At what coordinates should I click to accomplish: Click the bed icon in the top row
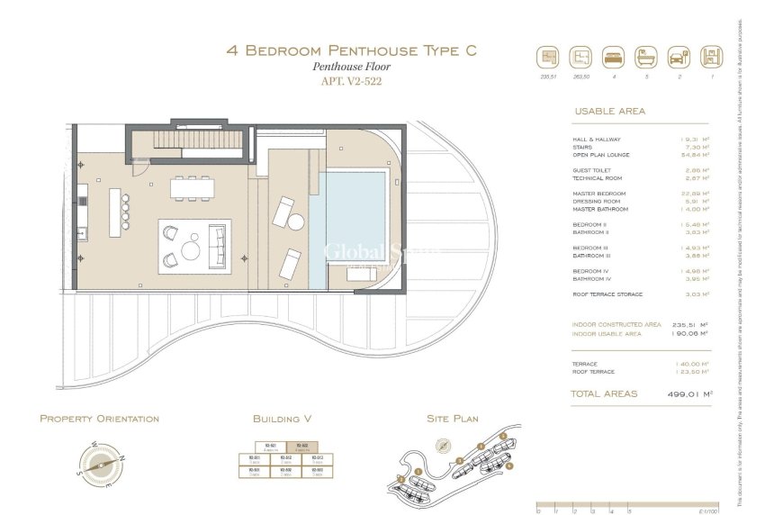point(612,58)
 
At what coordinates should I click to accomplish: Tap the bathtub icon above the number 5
point(645,58)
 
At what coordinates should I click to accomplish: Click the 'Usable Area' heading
point(609,112)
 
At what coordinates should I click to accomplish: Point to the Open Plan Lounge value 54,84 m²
point(694,154)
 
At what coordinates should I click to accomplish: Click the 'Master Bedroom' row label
point(599,194)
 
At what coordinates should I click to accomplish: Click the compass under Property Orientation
point(100,464)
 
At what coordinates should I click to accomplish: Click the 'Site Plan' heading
point(452,419)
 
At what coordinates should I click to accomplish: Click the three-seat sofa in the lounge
point(218,246)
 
